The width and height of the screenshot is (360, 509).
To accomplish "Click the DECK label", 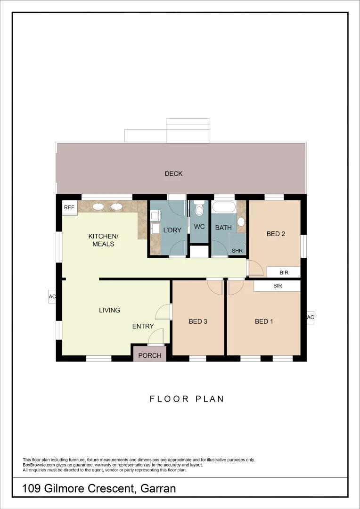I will click(173, 174).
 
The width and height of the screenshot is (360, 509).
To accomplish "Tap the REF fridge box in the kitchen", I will click(69, 207).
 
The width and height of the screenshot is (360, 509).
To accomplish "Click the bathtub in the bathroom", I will click(224, 207).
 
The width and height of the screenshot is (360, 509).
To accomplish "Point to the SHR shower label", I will click(237, 251).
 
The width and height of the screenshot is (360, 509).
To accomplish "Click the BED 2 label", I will click(276, 234).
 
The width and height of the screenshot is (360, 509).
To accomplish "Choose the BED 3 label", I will click(198, 322).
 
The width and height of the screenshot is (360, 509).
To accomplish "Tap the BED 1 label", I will click(264, 322).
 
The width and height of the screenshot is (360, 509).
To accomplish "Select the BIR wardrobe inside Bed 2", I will click(284, 272).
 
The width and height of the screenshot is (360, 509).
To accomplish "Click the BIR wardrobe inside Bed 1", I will click(277, 286).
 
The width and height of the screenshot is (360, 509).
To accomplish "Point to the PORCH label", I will click(150, 355).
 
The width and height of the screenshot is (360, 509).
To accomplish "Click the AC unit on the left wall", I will click(52, 297).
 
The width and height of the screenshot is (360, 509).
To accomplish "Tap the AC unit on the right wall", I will click(310, 318).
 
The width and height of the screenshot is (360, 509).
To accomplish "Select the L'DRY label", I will click(172, 230).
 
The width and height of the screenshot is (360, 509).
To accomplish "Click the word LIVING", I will click(109, 310).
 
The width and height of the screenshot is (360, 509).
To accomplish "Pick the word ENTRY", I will click(143, 326).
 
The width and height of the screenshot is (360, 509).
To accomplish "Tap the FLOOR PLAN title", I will click(187, 399).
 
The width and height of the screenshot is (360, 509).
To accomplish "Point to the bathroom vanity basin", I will click(241, 222).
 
